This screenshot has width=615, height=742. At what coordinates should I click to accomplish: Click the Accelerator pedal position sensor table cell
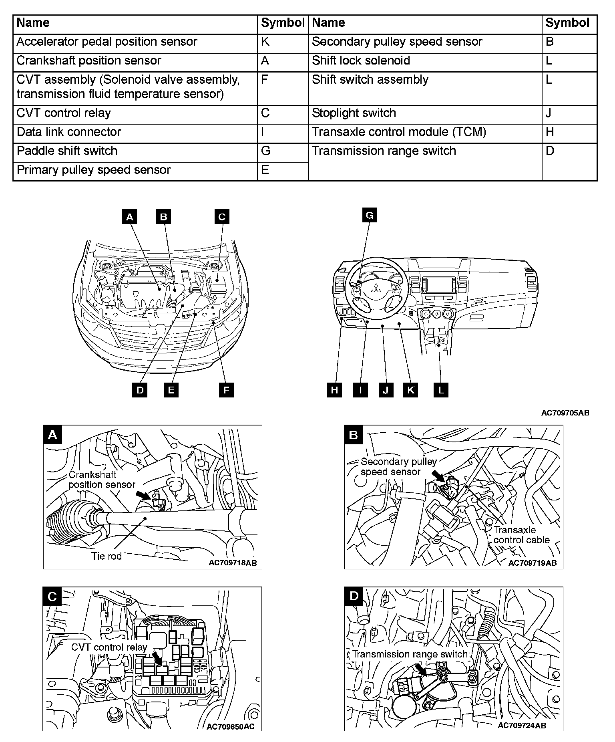click(x=107, y=42)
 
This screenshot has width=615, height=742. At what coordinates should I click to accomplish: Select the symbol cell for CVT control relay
click(x=265, y=113)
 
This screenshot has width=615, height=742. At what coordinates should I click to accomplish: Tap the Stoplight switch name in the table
click(x=354, y=113)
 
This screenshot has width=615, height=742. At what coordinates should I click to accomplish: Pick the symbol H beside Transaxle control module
click(x=550, y=132)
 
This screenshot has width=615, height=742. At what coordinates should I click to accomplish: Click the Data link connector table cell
click(x=69, y=132)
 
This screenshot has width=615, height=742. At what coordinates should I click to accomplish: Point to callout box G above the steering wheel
click(x=370, y=216)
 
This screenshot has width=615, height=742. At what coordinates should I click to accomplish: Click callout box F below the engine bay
click(x=226, y=390)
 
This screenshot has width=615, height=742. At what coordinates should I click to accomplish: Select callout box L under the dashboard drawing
click(x=441, y=390)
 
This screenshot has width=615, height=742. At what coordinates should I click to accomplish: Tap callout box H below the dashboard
click(x=334, y=390)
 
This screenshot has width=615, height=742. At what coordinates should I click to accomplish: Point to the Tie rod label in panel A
click(x=106, y=556)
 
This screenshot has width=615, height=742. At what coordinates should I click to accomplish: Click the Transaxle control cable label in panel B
click(x=521, y=535)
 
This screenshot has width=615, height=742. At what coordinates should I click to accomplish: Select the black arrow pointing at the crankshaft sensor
click(x=144, y=494)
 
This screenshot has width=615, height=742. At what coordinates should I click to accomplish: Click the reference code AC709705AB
click(x=565, y=413)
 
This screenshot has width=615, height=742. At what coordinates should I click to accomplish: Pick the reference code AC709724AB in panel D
click(x=522, y=726)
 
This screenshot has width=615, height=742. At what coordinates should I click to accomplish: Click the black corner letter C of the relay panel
click(x=52, y=597)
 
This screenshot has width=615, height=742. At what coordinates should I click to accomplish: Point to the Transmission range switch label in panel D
click(x=410, y=654)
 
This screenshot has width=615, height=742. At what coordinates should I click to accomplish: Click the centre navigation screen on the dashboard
click(x=438, y=285)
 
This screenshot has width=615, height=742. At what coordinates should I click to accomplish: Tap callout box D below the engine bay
click(x=140, y=390)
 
